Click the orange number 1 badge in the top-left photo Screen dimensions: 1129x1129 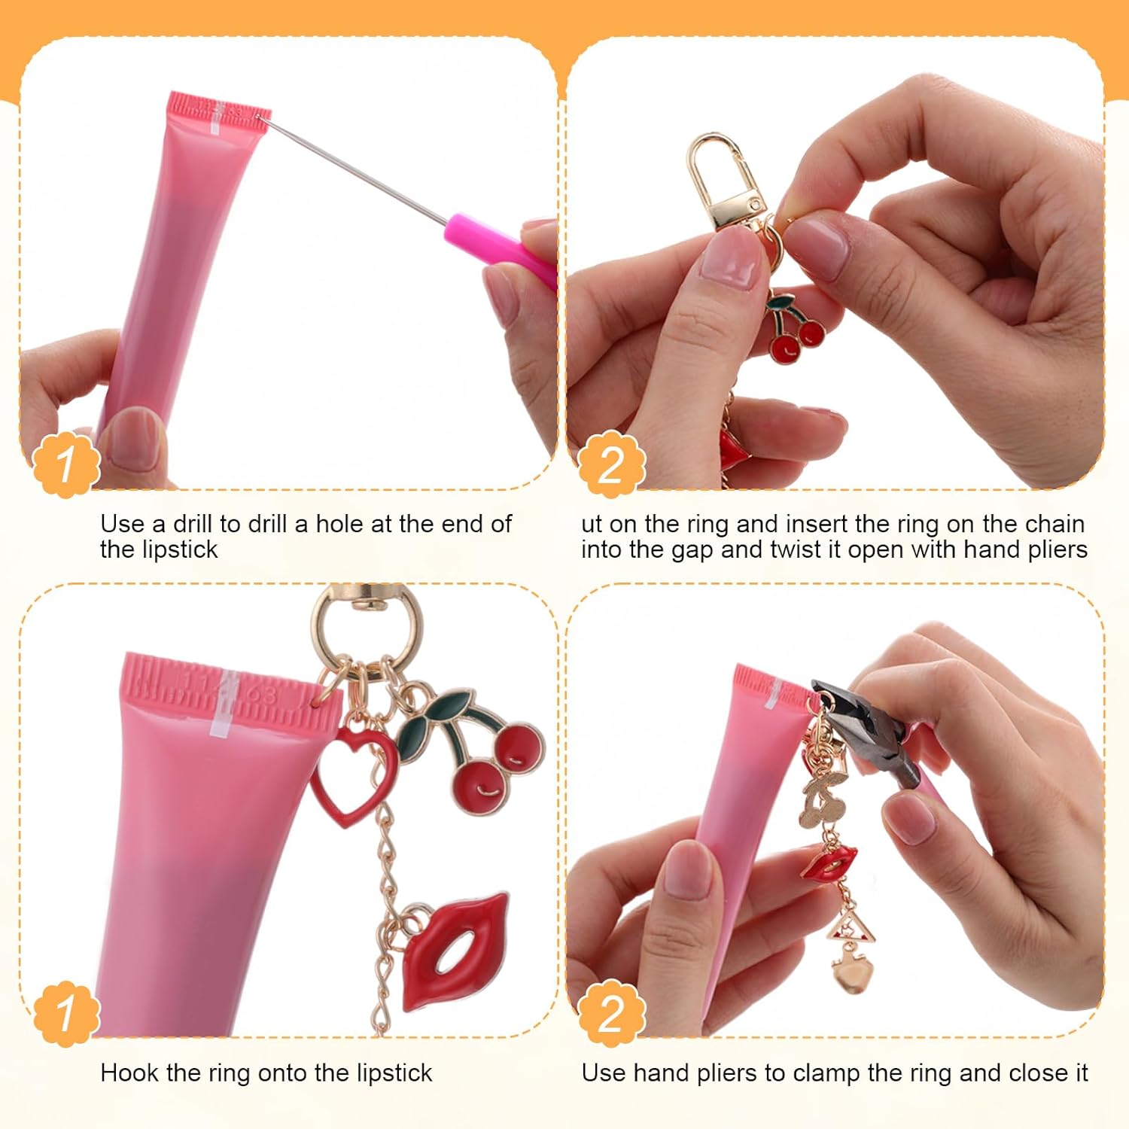tap(66, 464)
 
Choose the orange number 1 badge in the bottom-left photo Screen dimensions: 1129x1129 tap(66, 1012)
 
